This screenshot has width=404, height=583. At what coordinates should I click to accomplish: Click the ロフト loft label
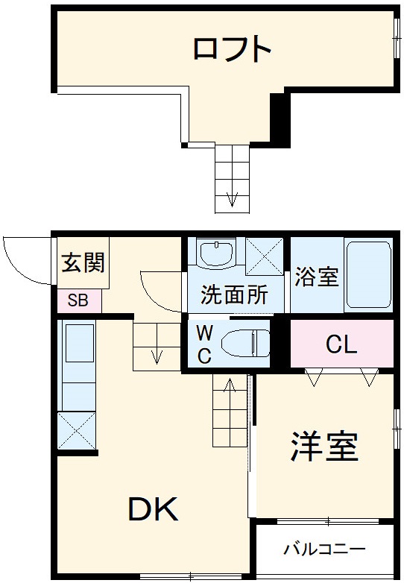tap(232, 49)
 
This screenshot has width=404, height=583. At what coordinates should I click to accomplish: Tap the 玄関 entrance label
tap(83, 263)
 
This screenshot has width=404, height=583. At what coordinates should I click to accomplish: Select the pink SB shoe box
tap(78, 301)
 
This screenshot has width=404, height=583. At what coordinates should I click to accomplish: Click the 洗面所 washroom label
tap(234, 295)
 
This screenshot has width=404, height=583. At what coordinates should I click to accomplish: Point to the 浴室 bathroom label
tap(317, 277)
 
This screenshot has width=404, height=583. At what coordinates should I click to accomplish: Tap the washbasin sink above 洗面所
tap(216, 254)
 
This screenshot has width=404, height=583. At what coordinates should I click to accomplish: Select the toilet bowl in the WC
tap(246, 343)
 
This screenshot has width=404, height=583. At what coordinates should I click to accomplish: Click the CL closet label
tap(341, 344)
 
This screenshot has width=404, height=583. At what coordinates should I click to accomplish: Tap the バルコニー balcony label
tap(323, 550)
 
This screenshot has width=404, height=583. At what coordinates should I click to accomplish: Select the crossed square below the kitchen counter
tap(77, 432)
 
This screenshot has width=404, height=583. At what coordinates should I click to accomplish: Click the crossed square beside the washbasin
tap(265, 256)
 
